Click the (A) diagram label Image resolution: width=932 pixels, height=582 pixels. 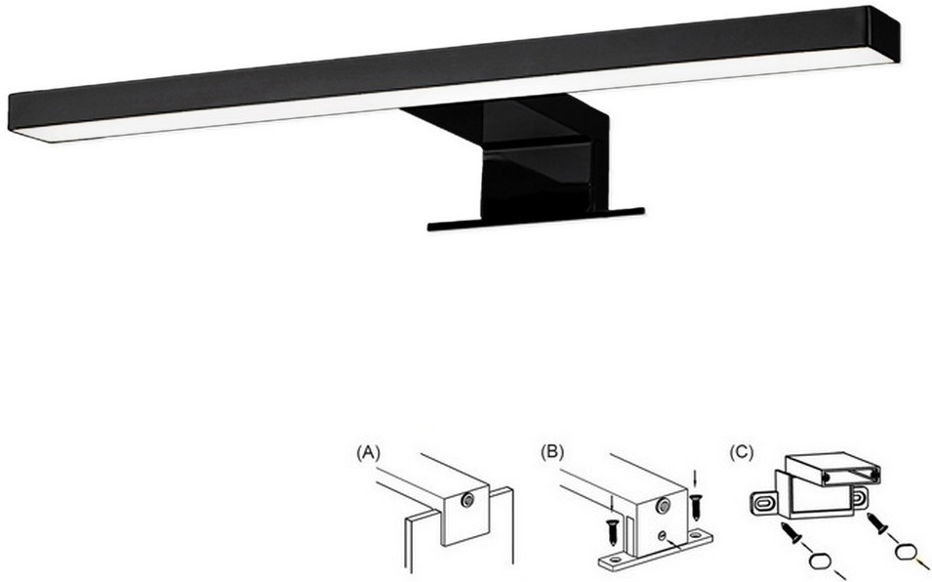click(368, 453)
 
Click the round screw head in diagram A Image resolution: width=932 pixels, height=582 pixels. click(467, 501)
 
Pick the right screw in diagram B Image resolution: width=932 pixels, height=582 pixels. click(697, 507)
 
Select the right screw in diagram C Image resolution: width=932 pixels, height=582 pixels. click(877, 522)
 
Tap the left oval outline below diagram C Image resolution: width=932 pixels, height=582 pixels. click(823, 561)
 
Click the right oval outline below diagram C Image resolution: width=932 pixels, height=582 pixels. click(905, 553)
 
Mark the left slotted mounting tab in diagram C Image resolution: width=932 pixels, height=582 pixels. click(763, 504)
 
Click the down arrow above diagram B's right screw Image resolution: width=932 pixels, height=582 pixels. click(696, 478)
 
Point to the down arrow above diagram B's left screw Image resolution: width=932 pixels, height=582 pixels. click(612, 501)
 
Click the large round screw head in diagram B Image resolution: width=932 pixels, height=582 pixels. click(663, 507)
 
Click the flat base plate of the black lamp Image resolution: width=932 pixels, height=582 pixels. click(536, 220)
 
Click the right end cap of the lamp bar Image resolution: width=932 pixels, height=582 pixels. click(885, 34)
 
